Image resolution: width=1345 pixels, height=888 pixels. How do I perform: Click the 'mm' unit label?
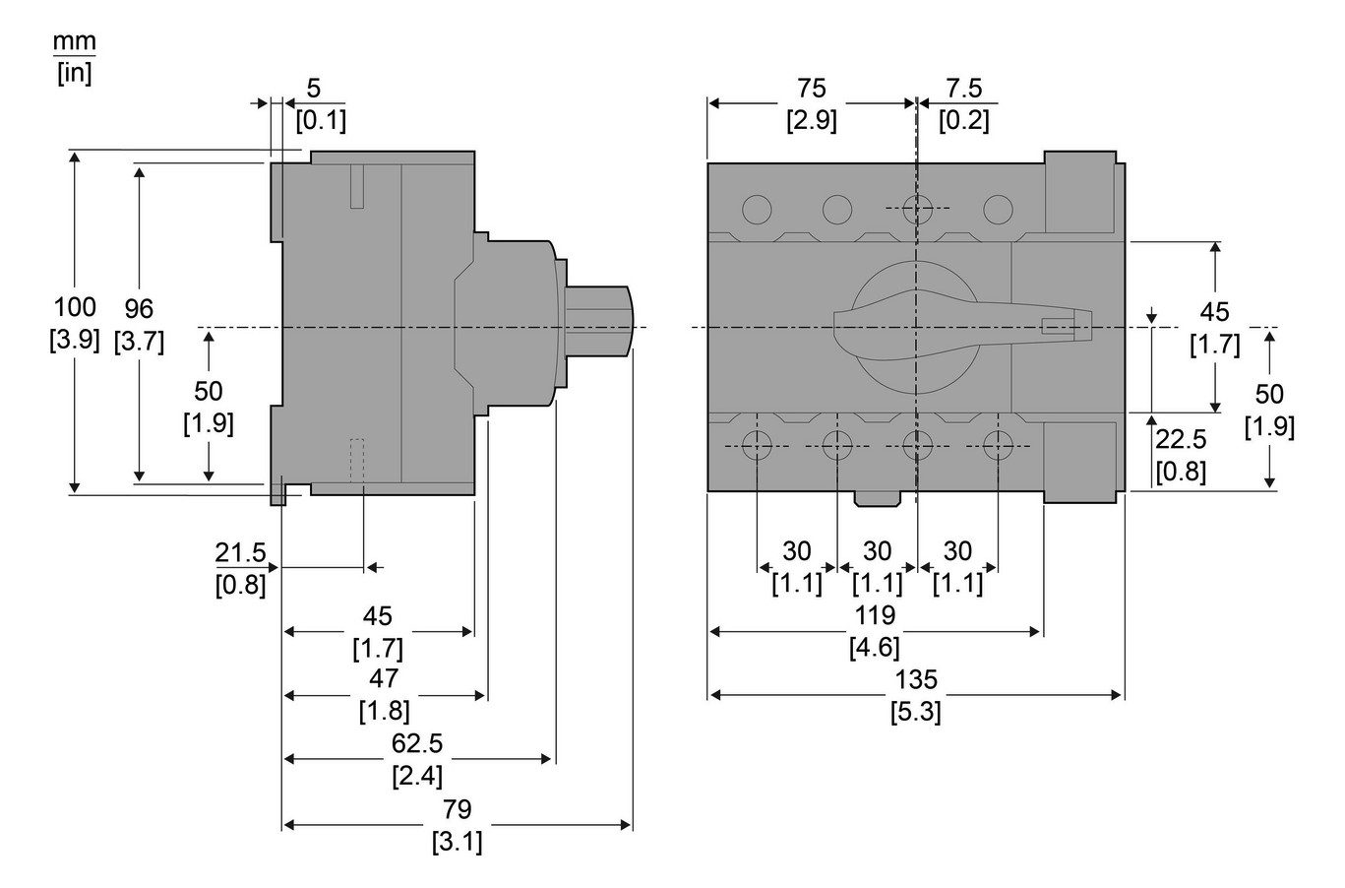coord(74,42)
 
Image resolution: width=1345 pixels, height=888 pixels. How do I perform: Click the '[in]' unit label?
coord(74,73)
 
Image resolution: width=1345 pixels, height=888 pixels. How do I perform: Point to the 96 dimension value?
coord(139,308)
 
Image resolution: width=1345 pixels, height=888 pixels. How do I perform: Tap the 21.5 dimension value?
coord(241,553)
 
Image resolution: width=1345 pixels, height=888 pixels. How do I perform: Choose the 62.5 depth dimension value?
coord(417,744)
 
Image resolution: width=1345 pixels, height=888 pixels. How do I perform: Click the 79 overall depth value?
coord(457,809)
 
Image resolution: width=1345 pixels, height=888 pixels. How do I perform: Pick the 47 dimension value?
coord(385,677)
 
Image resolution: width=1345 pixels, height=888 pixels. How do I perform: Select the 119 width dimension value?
coord(875,615)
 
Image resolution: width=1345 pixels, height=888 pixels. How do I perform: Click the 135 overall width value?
coord(916,679)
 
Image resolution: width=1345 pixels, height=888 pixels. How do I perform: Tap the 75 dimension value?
coord(812,89)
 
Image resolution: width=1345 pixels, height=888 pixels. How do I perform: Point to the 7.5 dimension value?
coord(964,89)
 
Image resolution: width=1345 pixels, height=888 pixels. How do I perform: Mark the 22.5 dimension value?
coord(1181,439)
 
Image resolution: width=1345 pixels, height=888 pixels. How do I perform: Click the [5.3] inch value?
coord(916,711)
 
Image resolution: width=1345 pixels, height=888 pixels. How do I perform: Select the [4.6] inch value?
coord(875,647)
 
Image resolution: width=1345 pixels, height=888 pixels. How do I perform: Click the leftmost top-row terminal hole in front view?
coord(757,209)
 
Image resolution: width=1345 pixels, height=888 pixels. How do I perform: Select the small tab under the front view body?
coord(877,498)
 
